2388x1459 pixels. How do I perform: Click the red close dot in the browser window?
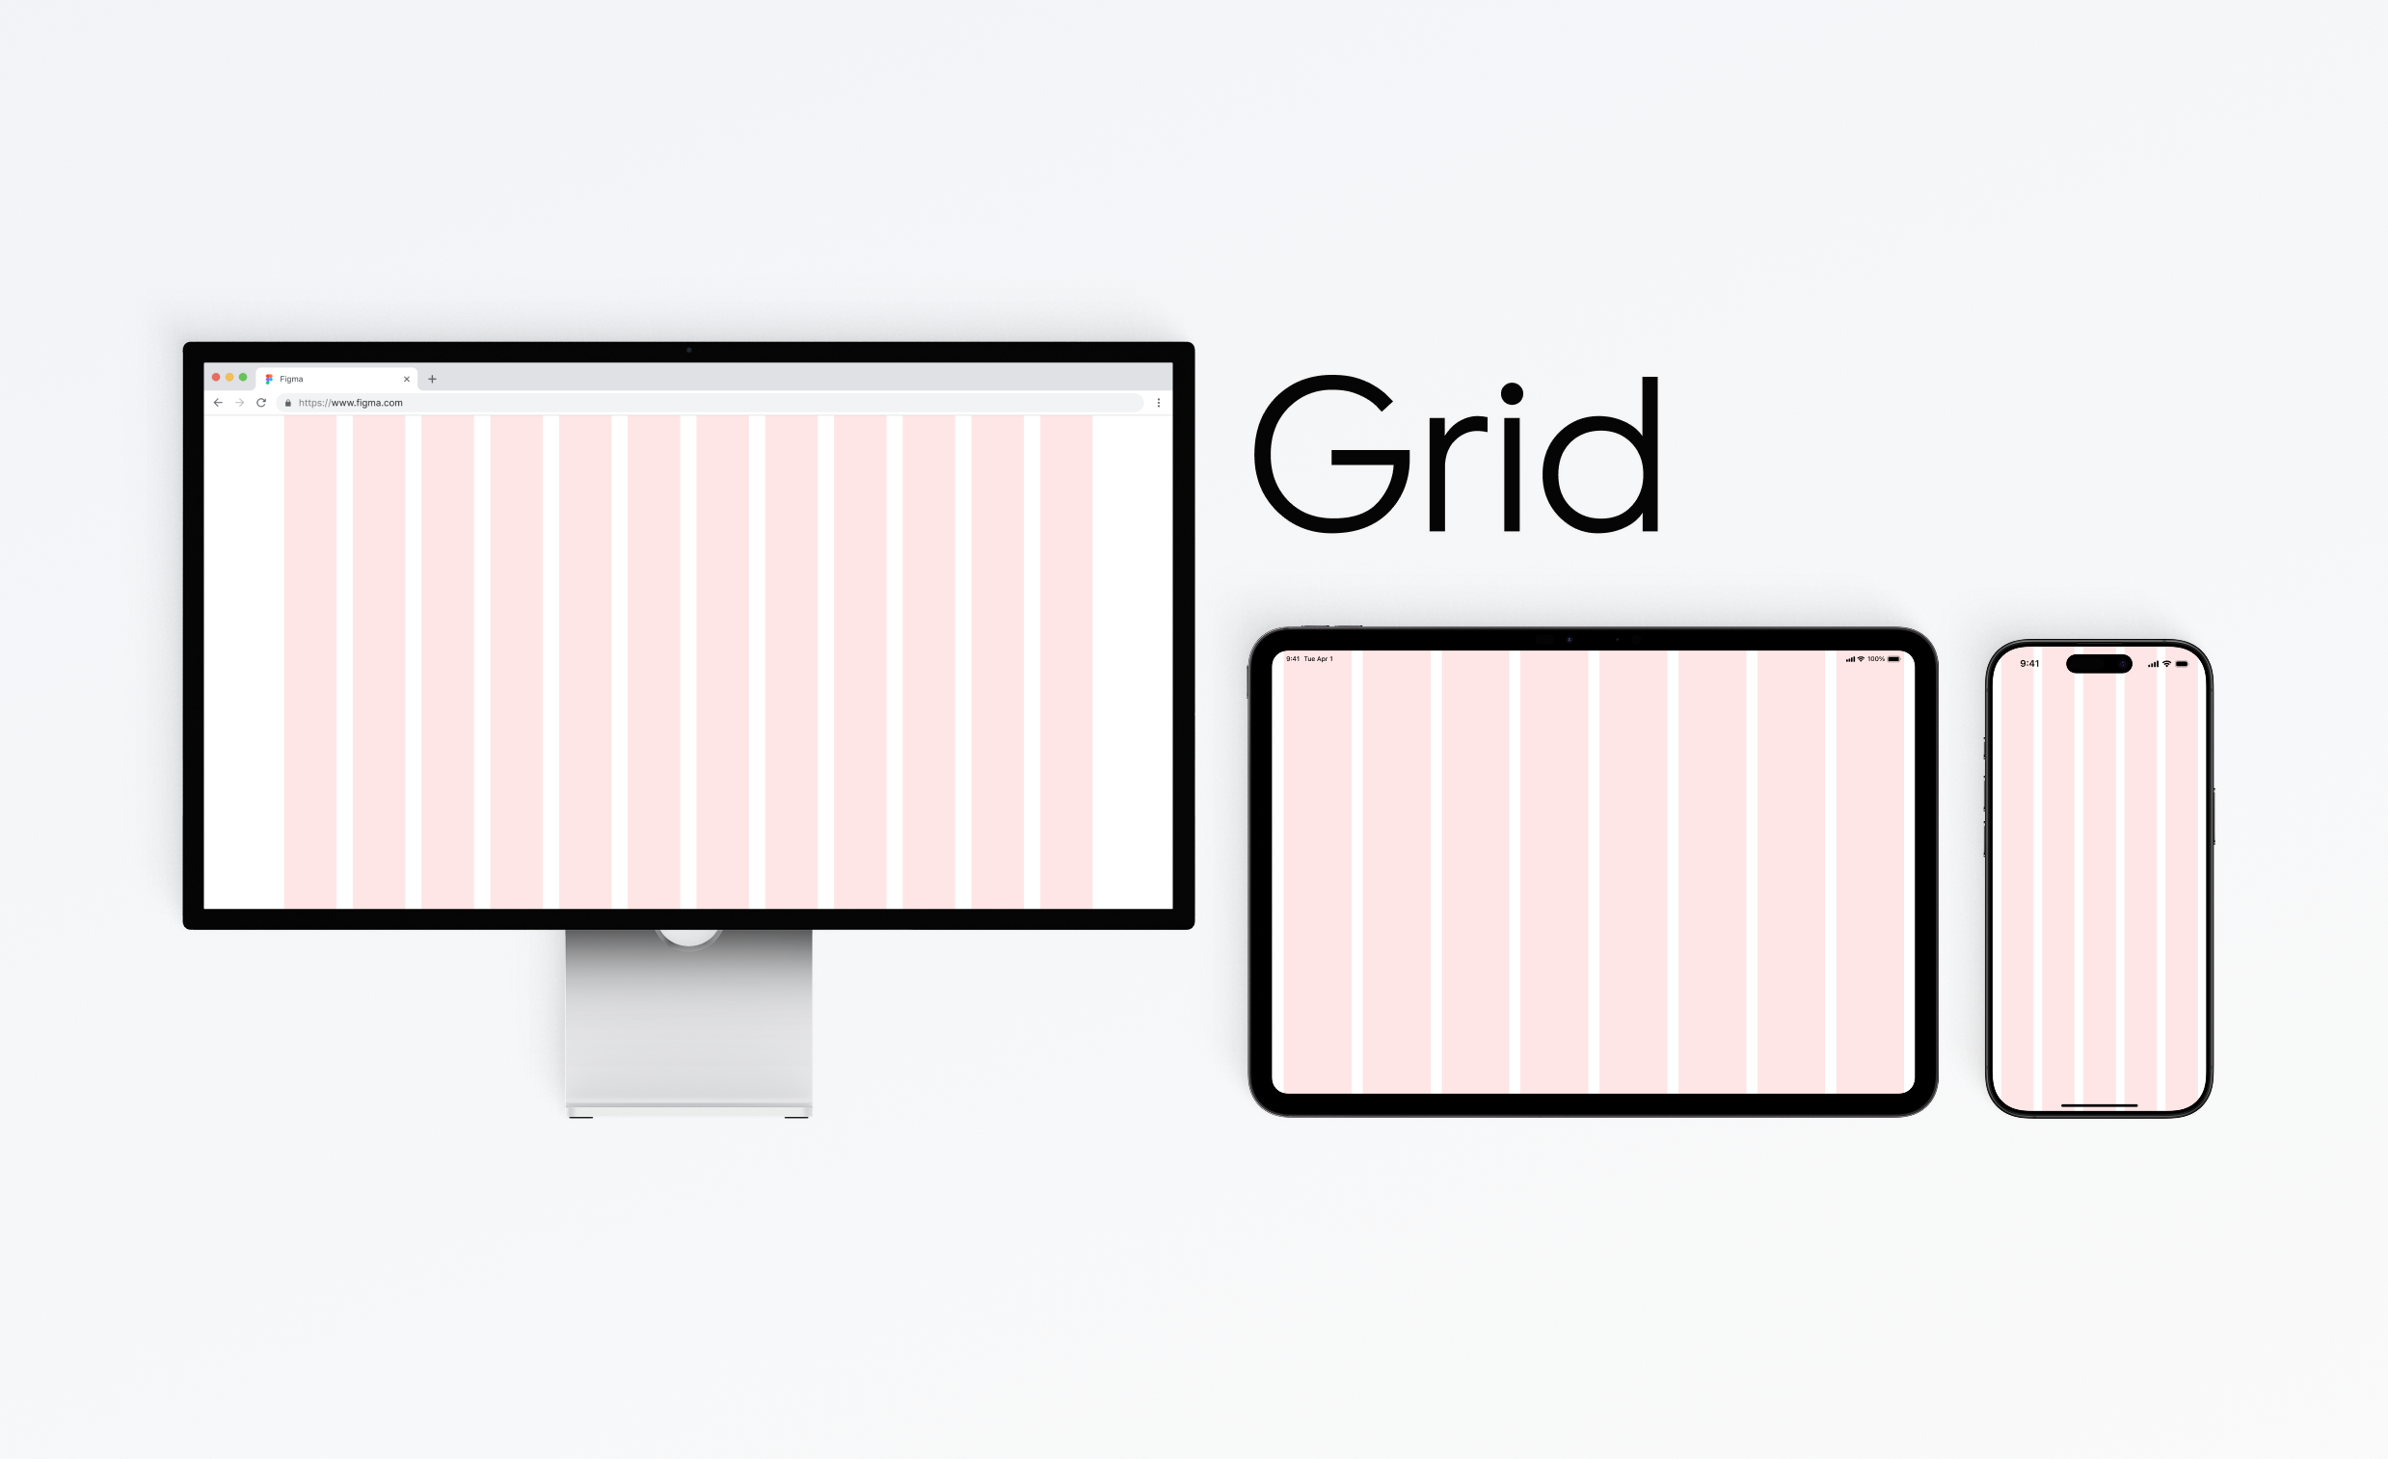tap(216, 377)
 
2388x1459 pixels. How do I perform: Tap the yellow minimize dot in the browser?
tap(229, 377)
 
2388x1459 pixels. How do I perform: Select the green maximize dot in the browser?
tap(243, 377)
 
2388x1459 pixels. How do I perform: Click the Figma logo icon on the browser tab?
tap(269, 379)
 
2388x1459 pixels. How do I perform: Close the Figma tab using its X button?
tap(407, 379)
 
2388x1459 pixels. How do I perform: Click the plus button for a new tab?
tap(432, 379)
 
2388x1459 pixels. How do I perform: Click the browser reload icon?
tap(260, 402)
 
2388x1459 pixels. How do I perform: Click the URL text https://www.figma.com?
tap(351, 403)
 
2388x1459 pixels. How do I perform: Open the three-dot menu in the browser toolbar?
tap(1158, 403)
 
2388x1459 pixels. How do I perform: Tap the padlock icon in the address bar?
tap(288, 403)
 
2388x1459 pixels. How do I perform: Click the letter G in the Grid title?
tap(1331, 453)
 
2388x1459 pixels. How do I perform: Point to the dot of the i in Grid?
tap(1512, 393)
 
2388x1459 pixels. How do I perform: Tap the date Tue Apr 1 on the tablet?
tap(1318, 659)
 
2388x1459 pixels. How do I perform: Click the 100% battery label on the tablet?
tap(1876, 659)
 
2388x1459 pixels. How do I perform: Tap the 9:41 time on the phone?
tap(2029, 664)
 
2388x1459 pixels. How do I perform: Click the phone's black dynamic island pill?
tap(2099, 664)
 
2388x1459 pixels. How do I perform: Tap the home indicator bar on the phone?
tap(2099, 1104)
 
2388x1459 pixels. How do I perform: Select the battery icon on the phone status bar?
tap(2182, 664)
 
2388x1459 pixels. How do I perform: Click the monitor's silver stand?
tap(689, 1022)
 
